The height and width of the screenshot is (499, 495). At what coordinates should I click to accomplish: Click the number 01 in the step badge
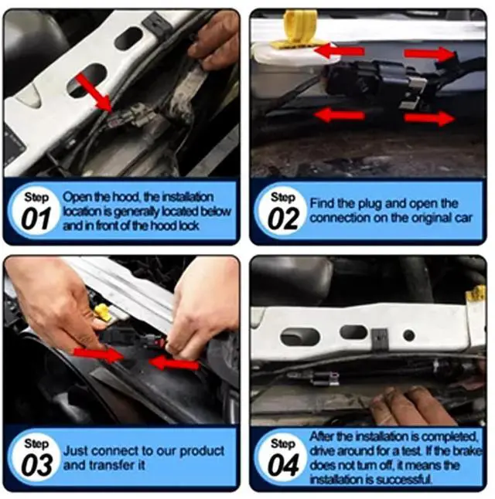click(x=36, y=219)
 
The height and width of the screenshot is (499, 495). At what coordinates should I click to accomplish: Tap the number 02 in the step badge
click(x=283, y=219)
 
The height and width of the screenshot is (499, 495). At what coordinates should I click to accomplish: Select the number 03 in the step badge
click(x=36, y=466)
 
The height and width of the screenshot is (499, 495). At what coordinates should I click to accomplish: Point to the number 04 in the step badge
click(x=283, y=466)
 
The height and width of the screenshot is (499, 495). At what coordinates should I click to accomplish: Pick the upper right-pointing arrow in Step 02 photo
click(x=430, y=53)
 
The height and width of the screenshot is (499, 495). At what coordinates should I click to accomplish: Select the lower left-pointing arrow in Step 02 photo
click(x=339, y=115)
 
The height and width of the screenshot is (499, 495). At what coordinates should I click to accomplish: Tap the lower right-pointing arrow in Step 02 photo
click(x=430, y=118)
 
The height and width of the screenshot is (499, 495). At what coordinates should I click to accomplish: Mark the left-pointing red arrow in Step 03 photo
click(x=173, y=362)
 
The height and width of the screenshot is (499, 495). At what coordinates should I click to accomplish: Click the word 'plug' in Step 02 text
click(x=371, y=203)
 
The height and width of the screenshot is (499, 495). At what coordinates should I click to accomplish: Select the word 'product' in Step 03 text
click(x=200, y=450)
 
